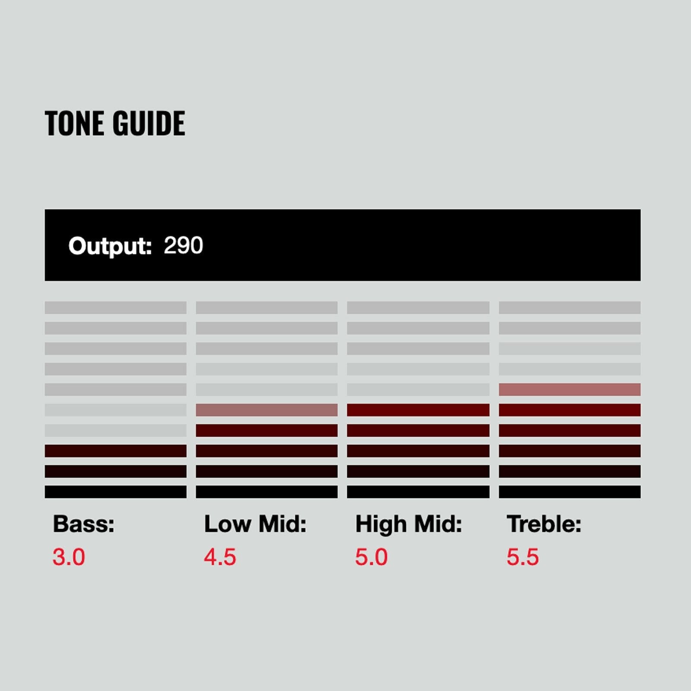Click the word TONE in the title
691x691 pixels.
click(75, 123)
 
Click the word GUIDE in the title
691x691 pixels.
click(149, 123)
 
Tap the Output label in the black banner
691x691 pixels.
click(110, 246)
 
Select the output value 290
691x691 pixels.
click(184, 245)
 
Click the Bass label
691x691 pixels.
click(84, 524)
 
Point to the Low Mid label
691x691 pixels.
click(255, 524)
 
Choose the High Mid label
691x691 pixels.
click(409, 524)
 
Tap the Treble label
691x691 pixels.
click(544, 524)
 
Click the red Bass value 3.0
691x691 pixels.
click(69, 557)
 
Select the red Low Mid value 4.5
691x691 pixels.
click(220, 557)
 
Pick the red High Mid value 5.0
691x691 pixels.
click(371, 557)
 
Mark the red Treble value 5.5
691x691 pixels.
click(523, 557)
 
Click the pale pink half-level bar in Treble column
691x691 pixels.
click(570, 390)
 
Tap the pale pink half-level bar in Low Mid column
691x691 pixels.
click(266, 410)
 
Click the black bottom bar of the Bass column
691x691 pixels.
click(116, 492)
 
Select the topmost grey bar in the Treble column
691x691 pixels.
click(570, 307)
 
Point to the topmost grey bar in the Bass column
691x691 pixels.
click(116, 307)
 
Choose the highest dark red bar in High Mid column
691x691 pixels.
click(418, 410)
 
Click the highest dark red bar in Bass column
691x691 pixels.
click(116, 451)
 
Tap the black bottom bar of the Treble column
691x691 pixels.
click(570, 492)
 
